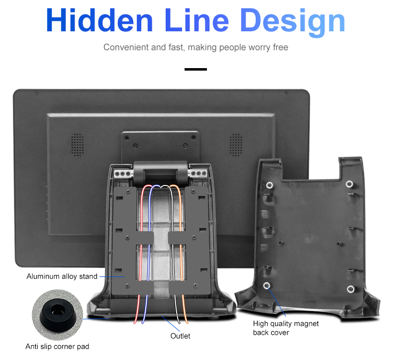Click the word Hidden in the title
tap(99, 20)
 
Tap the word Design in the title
tap(293, 22)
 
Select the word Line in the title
tap(197, 20)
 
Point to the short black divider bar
tap(196, 69)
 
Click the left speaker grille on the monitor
tap(78, 145)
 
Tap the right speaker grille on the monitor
tap(236, 145)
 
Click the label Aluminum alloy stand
tap(62, 276)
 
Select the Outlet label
tap(180, 336)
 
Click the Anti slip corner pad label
tap(57, 347)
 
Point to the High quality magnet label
tap(286, 324)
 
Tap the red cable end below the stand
tap(135, 322)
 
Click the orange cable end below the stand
tap(187, 322)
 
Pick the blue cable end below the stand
tap(143, 322)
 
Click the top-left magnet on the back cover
tap(270, 185)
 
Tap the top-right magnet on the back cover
tap(349, 184)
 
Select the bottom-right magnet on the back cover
tap(351, 289)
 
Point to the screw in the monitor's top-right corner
tap(286, 93)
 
